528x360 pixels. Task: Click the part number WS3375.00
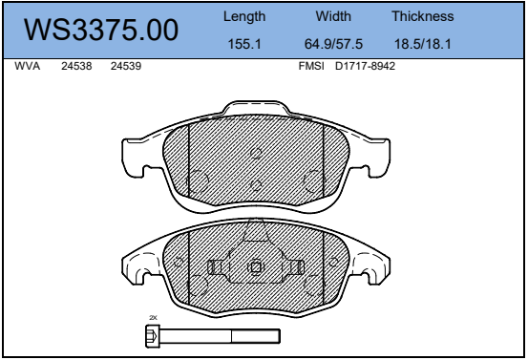tap(100, 30)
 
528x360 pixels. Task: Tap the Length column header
tap(244, 16)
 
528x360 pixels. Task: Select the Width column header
tap(333, 16)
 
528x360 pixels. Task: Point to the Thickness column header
tap(423, 16)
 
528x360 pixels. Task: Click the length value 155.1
tap(244, 44)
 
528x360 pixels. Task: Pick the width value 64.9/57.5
tap(333, 44)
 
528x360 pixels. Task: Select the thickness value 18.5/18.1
tap(423, 44)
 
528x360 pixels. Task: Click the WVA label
tap(28, 66)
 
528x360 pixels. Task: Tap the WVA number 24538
tap(76, 66)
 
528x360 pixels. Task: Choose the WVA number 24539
tap(126, 66)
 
